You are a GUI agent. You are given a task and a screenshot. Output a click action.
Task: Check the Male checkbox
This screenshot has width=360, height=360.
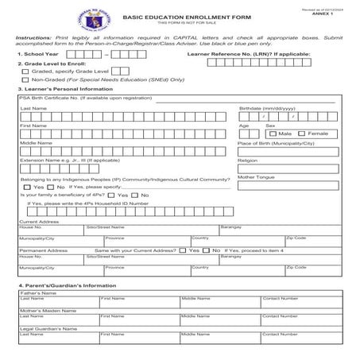click(x=274, y=134)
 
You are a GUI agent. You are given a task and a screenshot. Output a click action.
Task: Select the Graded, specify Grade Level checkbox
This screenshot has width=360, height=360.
click(x=25, y=71)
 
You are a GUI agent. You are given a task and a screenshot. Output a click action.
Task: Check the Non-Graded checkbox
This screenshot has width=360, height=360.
click(x=25, y=79)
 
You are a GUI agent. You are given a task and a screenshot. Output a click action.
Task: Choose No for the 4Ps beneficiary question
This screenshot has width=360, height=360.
click(x=134, y=195)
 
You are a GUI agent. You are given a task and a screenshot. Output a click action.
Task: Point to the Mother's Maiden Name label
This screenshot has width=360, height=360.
click(x=47, y=311)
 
